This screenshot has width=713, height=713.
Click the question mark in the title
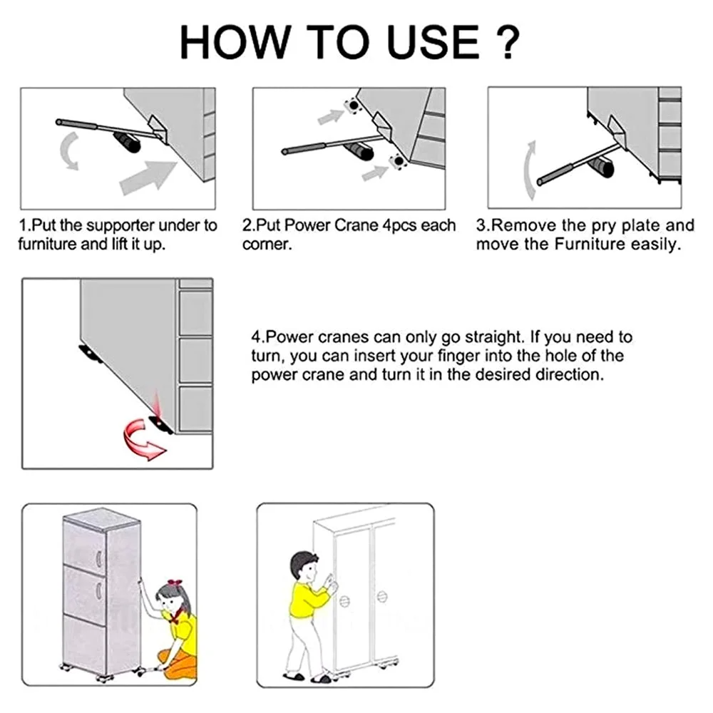pyautogui.click(x=506, y=42)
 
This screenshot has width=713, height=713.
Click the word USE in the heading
pyautogui.click(x=433, y=42)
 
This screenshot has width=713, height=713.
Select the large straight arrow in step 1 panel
pyautogui.click(x=148, y=178)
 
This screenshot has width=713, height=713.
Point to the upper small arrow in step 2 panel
pyautogui.click(x=331, y=116)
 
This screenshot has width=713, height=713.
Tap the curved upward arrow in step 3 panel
pyautogui.click(x=529, y=170)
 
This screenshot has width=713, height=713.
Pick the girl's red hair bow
pyautogui.click(x=174, y=583)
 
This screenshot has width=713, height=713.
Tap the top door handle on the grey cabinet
pyautogui.click(x=98, y=559)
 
